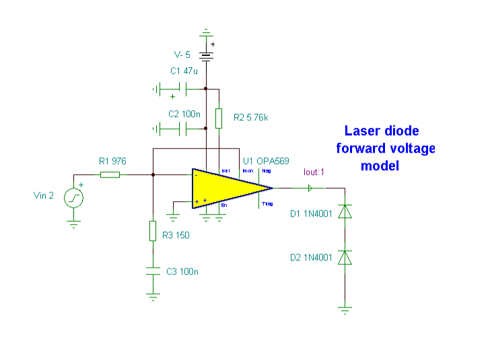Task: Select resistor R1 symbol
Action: point(110,175)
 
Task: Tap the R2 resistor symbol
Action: point(219,118)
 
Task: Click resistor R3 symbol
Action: point(153,231)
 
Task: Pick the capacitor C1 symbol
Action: point(182,88)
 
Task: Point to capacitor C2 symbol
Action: point(182,128)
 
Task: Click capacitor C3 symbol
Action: point(153,271)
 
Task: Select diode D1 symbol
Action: point(345,213)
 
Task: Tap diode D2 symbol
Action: point(345,258)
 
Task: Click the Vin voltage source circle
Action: point(73,198)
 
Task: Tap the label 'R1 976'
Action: point(112,161)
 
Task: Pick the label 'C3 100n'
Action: point(182,272)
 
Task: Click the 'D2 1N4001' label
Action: point(312,258)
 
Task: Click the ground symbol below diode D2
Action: point(345,310)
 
